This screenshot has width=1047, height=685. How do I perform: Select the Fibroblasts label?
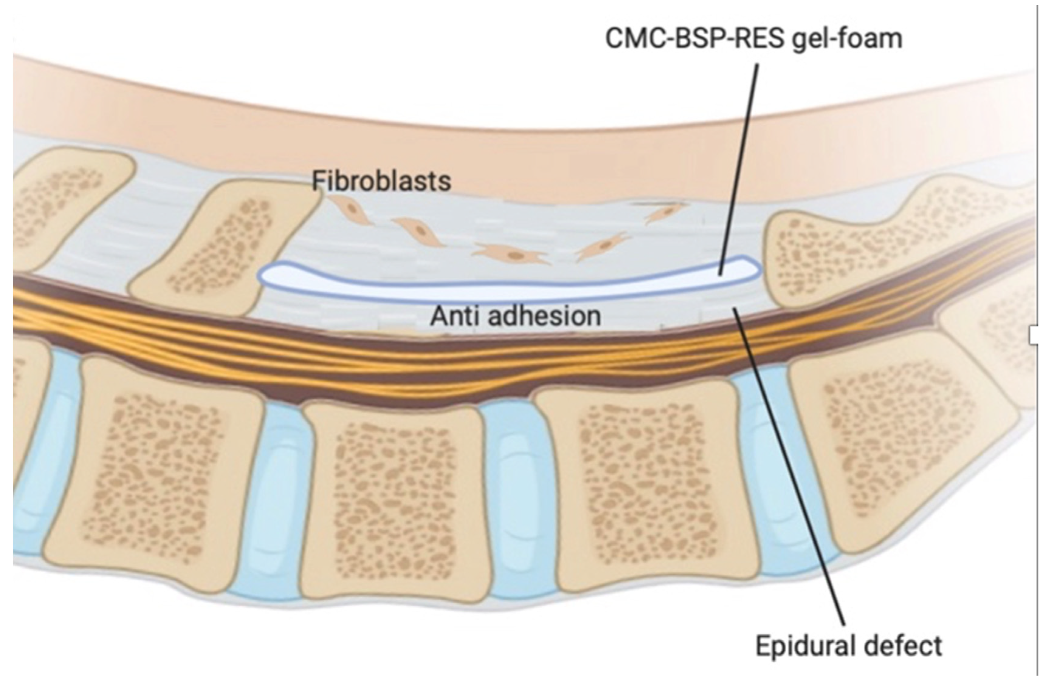pyautogui.click(x=381, y=181)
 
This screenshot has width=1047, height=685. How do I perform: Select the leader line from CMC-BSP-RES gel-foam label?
pyautogui.click(x=739, y=169)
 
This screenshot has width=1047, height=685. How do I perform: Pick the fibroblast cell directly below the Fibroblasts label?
pyautogui.click(x=350, y=210)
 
